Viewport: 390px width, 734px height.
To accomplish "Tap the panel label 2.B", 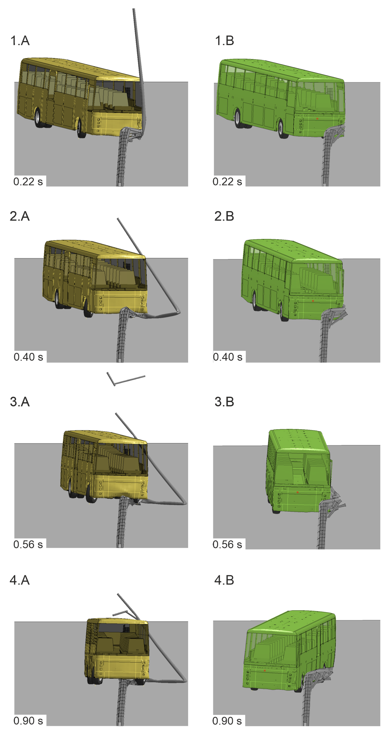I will [224, 216].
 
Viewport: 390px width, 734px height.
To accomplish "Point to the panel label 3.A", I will [20, 402].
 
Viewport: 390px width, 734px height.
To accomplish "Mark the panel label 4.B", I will [224, 580].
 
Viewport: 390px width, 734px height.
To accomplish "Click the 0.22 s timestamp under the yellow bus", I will [28, 182].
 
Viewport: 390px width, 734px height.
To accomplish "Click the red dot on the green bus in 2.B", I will [313, 301].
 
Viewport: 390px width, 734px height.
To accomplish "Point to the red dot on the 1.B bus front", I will [317, 118].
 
